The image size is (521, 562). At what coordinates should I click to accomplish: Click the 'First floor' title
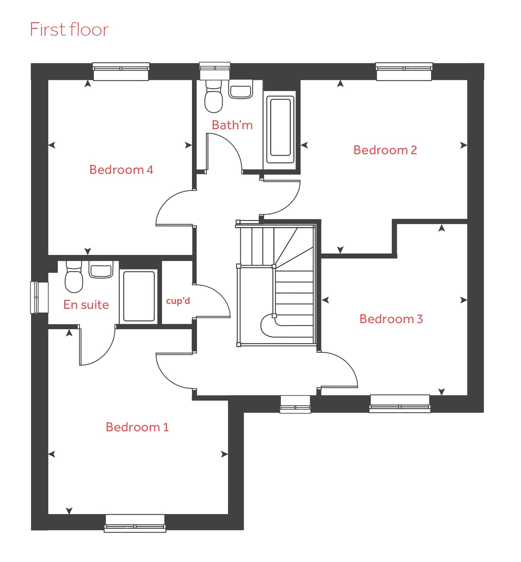[x=69, y=29]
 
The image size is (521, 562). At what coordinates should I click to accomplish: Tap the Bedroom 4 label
[x=121, y=170]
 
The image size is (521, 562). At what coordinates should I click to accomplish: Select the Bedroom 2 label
[x=385, y=150]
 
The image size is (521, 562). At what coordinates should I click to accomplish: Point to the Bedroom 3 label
[x=391, y=319]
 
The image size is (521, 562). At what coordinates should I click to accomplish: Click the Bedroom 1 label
[x=137, y=427]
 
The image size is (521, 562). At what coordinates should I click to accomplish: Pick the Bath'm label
[x=232, y=125]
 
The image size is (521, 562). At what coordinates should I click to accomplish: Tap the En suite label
[x=86, y=305]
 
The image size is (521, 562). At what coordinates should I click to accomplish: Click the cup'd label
[x=178, y=301]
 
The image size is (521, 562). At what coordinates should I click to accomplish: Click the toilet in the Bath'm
[x=213, y=96]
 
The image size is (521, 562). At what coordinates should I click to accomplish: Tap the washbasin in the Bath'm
[x=241, y=89]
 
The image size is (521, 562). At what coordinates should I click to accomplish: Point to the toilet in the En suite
[x=74, y=277]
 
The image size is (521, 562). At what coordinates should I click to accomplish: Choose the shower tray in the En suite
[x=139, y=296]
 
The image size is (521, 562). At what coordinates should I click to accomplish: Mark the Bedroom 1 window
[x=135, y=523]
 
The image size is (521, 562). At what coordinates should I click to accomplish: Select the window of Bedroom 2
[x=404, y=71]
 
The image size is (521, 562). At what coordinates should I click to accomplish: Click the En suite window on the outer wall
[x=39, y=297]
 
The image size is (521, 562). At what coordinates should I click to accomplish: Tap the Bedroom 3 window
[x=400, y=403]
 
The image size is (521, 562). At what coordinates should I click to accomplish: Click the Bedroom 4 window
[x=121, y=71]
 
